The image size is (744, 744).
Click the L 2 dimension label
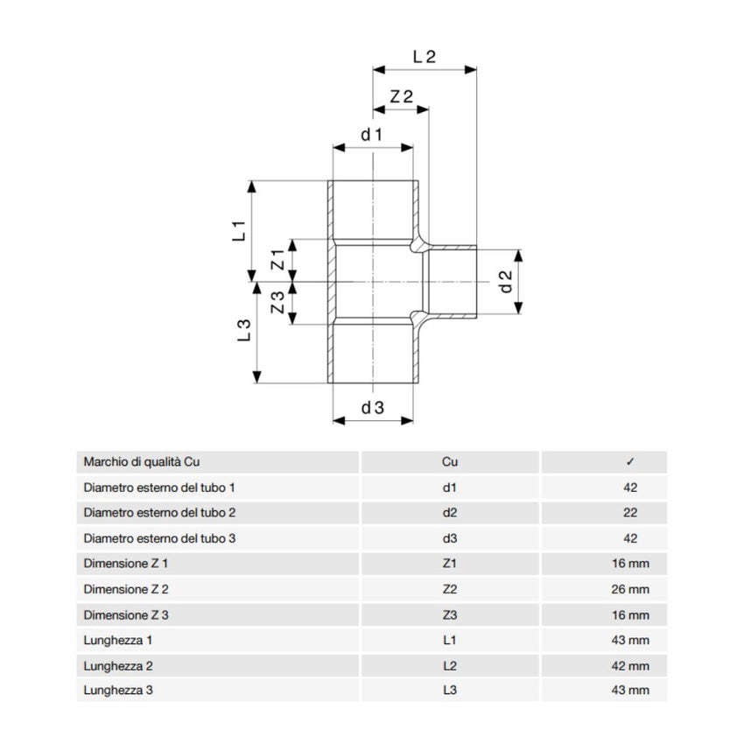coord(425,56)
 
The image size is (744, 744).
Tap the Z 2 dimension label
coord(402,97)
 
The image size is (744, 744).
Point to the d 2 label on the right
coord(505,282)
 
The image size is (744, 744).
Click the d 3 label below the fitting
coord(373,407)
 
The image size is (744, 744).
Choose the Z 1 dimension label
coord(277,260)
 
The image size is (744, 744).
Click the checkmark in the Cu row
coord(630,461)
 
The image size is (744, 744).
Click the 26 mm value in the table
coord(630,589)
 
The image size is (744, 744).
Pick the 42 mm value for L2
coord(630,666)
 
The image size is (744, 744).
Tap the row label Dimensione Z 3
coord(126,615)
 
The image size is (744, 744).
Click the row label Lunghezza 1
coord(118,641)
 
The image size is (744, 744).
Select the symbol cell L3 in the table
coord(450,691)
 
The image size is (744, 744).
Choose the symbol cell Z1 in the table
coord(450,564)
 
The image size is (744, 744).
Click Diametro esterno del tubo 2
coord(159,513)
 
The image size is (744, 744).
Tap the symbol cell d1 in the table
coord(450,487)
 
